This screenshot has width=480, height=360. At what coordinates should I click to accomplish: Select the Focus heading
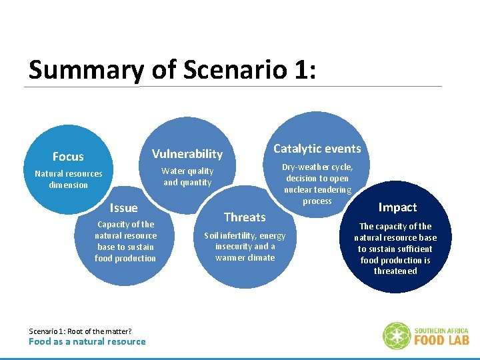(68, 157)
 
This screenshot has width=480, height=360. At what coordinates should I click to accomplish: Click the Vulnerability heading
(187, 154)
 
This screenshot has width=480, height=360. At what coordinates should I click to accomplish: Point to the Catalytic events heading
(317, 149)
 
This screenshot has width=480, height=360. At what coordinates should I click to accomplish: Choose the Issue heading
(123, 208)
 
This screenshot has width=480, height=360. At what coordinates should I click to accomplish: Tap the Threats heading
(245, 217)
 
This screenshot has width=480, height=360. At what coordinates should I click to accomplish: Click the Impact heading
(397, 207)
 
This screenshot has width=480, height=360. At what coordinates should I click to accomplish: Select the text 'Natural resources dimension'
(69, 179)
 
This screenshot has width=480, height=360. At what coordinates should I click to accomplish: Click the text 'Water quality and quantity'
(187, 177)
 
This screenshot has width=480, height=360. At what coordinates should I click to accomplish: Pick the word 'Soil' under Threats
(211, 235)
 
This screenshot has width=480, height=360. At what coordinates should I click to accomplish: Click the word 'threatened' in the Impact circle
(395, 271)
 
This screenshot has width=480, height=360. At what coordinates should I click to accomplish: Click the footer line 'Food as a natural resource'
(87, 342)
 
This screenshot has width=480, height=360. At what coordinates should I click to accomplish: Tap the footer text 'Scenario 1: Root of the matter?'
(80, 331)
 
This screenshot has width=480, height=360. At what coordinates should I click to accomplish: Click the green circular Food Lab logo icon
(396, 336)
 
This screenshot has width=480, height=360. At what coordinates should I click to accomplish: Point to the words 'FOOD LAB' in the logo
(441, 340)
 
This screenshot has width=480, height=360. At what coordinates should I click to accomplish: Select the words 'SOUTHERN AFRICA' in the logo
(441, 330)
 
